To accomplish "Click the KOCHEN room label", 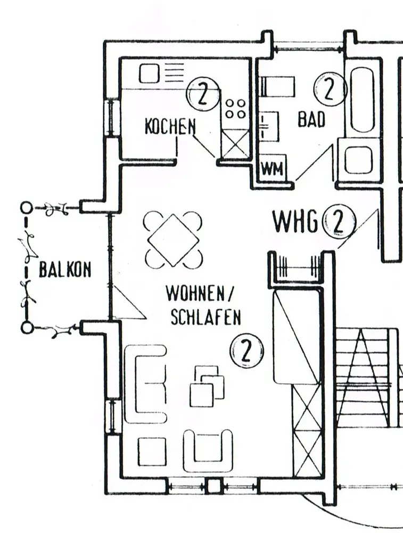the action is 170,126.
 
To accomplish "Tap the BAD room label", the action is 311,119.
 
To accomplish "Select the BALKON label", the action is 65,270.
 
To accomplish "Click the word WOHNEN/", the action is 200,293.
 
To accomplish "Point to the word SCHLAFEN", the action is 205,317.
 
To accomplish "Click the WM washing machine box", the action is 273,168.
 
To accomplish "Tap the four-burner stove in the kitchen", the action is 236,109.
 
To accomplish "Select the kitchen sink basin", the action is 150,74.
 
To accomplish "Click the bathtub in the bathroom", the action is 362,101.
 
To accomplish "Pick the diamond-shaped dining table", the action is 173,240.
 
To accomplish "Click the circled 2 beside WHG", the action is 339,222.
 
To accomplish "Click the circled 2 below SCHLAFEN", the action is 246,351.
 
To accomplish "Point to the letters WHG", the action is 295,222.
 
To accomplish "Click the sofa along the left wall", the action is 146,384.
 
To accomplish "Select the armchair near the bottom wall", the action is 208,451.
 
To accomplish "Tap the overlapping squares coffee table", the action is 207,386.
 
